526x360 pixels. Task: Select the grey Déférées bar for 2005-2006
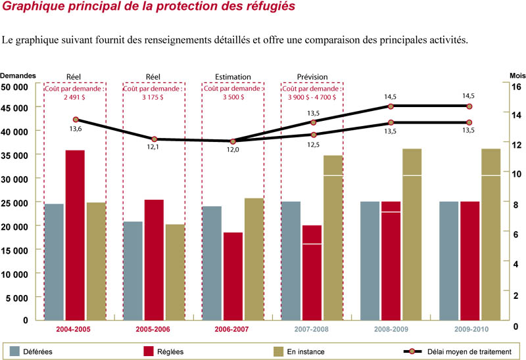(x=133, y=270)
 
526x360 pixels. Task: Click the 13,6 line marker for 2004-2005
(x=76, y=120)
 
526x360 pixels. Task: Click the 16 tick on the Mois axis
(x=516, y=87)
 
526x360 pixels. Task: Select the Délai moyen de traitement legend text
(x=467, y=352)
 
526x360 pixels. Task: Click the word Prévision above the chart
(x=312, y=76)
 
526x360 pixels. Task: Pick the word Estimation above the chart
(x=233, y=76)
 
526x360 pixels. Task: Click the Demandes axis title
(x=18, y=76)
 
